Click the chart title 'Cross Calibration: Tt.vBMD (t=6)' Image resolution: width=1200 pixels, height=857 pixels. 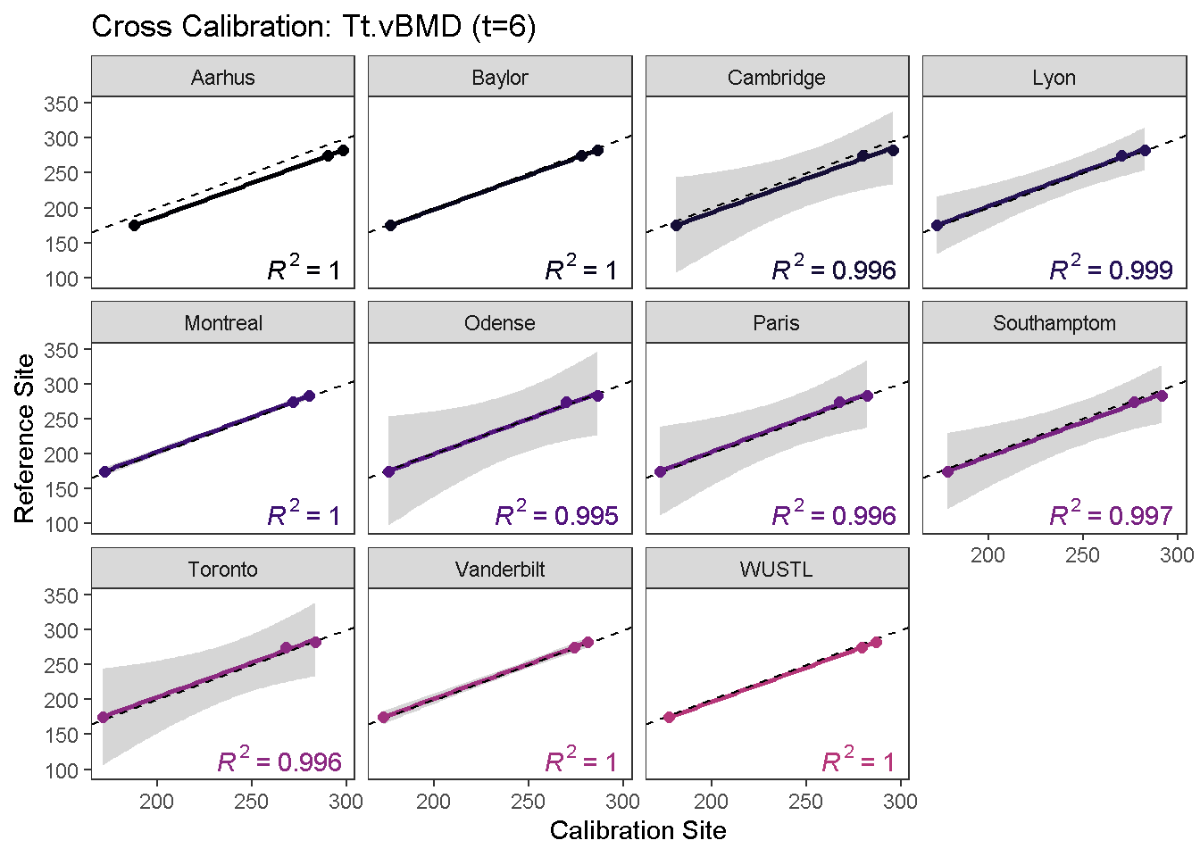click(x=313, y=27)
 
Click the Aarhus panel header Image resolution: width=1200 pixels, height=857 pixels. click(x=222, y=78)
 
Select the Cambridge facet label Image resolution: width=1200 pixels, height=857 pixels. click(x=777, y=78)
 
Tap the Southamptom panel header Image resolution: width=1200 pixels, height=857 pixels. click(x=1054, y=323)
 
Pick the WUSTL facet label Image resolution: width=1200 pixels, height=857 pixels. click(x=777, y=570)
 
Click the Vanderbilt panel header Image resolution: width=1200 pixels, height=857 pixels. click(x=500, y=570)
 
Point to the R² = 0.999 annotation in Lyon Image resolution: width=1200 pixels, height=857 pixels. click(x=1111, y=269)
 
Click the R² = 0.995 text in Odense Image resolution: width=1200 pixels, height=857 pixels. click(x=557, y=514)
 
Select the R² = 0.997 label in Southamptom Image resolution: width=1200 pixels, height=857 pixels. click(x=1111, y=514)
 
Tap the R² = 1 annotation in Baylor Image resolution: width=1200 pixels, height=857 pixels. click(x=581, y=269)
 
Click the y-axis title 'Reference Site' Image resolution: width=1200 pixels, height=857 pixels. click(x=24, y=438)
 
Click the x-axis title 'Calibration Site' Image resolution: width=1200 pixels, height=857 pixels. click(x=637, y=831)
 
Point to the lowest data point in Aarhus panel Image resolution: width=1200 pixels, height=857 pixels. click(x=135, y=225)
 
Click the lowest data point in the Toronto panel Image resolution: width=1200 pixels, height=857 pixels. click(x=104, y=717)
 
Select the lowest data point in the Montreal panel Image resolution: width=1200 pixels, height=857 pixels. click(x=104, y=471)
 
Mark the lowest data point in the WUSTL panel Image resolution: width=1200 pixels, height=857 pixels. click(x=670, y=717)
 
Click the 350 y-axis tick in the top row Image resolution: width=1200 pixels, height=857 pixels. click(x=62, y=104)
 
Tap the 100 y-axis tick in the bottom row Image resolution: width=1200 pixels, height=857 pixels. click(x=62, y=770)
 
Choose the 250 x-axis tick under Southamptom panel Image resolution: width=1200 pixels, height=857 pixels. click(x=1082, y=555)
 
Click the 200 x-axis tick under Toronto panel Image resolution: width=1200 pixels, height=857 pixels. click(x=157, y=802)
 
